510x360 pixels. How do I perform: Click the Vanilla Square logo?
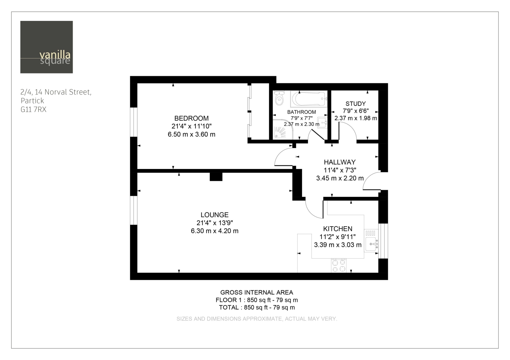[46, 47]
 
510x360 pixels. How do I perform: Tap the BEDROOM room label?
[192, 118]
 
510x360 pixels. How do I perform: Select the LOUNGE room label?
[214, 215]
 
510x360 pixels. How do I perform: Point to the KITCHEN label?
[338, 229]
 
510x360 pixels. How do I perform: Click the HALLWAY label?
[340, 162]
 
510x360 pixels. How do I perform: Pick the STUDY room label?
[356, 104]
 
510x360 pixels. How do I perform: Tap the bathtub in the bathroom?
[309, 99]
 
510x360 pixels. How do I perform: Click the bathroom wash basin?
[322, 123]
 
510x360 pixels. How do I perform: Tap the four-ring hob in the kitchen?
[339, 265]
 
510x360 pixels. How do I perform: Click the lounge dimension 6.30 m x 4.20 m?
[214, 231]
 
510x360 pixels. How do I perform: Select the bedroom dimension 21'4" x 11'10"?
[192, 126]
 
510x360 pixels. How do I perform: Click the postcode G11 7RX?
[33, 109]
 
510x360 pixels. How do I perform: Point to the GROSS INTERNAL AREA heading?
[257, 292]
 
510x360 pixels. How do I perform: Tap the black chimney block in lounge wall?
[216, 177]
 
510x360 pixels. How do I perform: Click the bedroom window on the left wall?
[134, 122]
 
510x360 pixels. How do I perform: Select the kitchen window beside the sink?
[383, 241]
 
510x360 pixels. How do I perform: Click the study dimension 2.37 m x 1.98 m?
[356, 118]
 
